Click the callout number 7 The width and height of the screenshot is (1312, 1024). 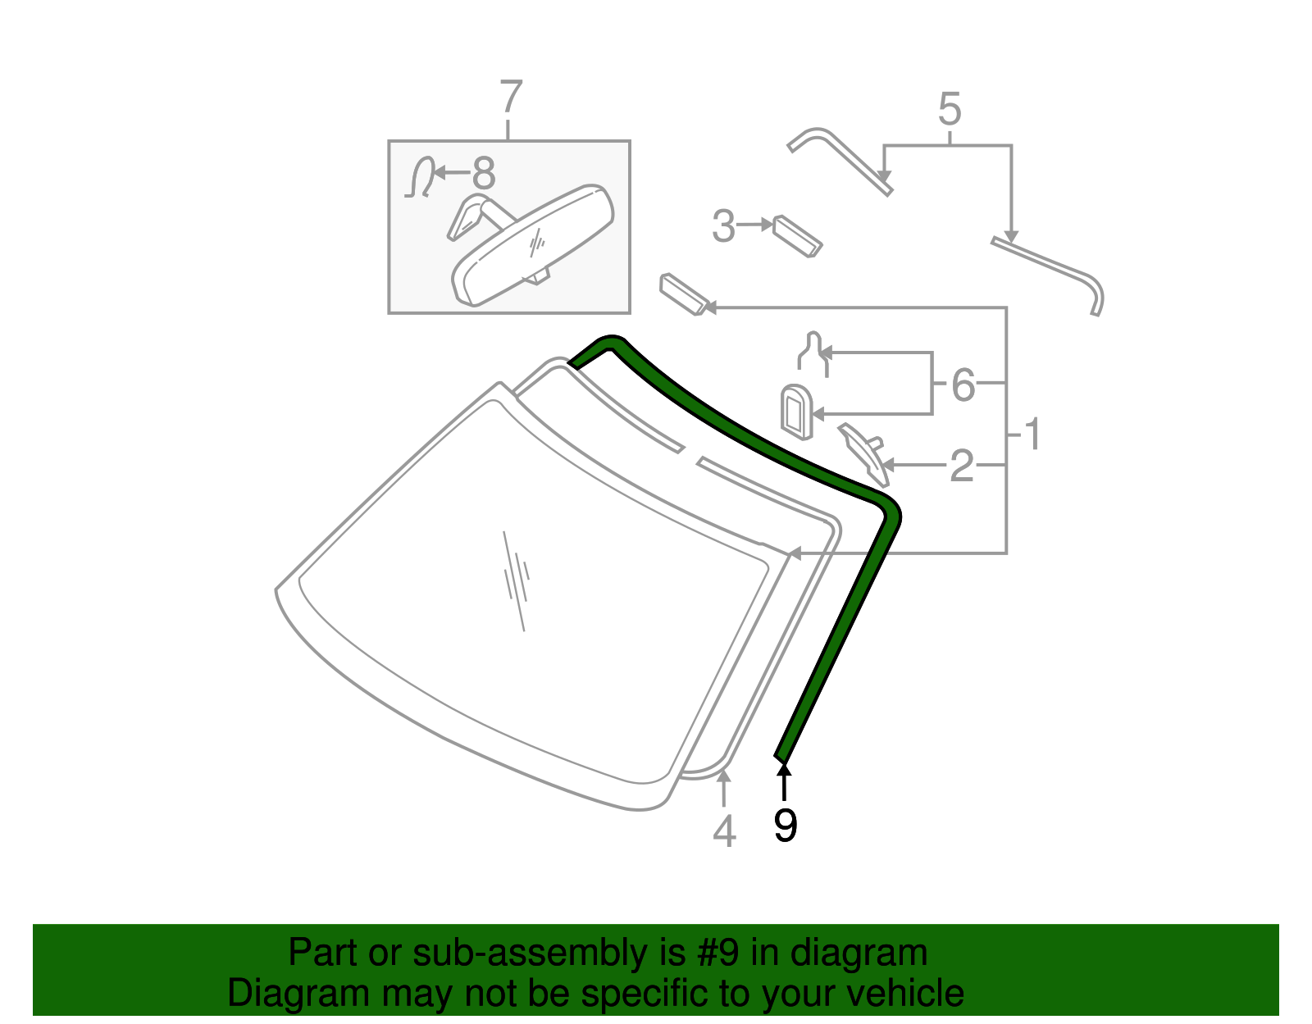pos(511,96)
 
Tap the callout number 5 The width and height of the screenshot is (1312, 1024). pos(950,109)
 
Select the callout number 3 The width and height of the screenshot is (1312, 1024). pos(724,226)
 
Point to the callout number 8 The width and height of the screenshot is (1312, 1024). pos(484,173)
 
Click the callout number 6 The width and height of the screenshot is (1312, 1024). pos(963,385)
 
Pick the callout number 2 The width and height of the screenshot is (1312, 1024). pos(962,466)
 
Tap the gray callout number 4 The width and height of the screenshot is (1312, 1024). pos(724,831)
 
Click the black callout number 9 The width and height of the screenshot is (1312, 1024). pos(786,826)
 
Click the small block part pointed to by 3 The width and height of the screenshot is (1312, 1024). pos(797,236)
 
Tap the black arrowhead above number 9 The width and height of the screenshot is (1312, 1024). pos(784,770)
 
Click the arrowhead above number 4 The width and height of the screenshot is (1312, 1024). pos(724,776)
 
